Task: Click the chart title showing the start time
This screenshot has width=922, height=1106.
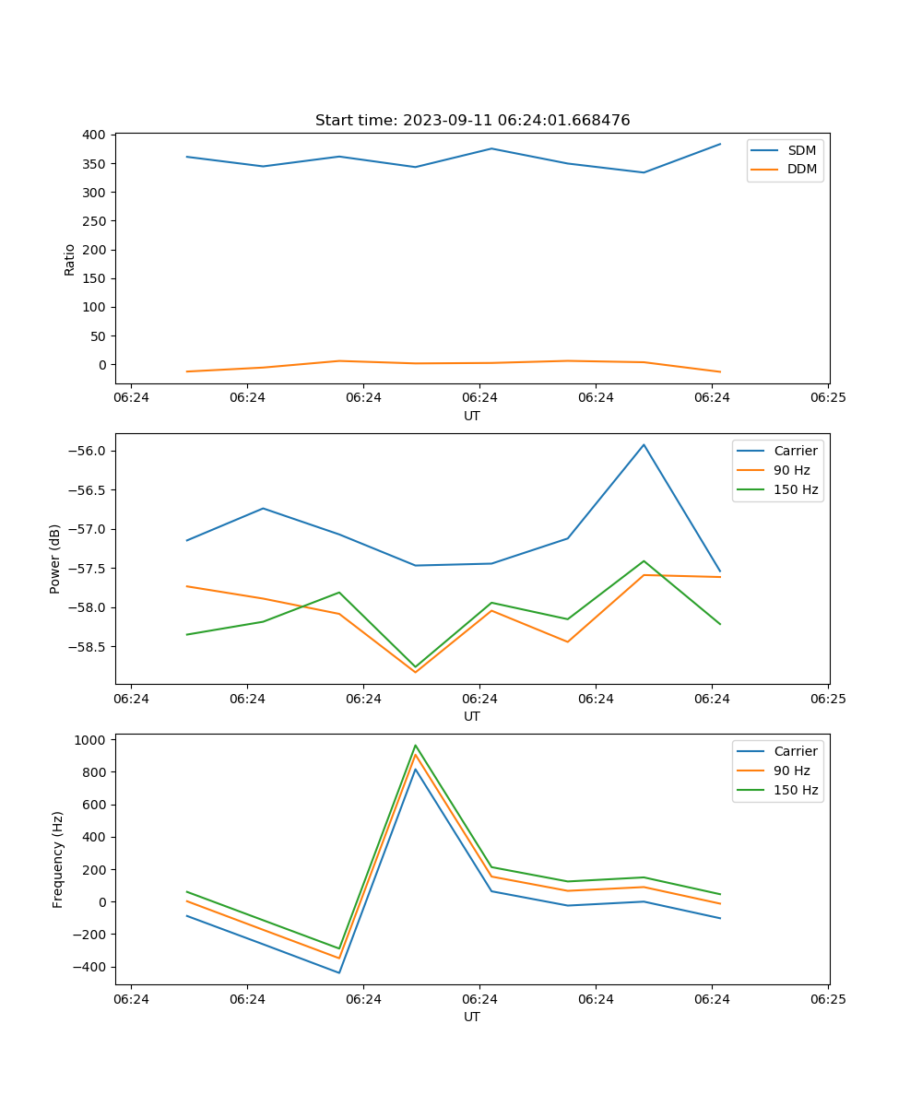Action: point(472,121)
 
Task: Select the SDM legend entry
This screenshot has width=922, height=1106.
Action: point(800,150)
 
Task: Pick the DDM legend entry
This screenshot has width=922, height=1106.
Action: point(801,170)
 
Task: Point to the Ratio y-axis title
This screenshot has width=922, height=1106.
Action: point(70,259)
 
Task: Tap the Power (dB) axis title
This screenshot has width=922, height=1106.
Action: point(55,559)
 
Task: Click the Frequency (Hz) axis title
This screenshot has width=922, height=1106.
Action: point(58,859)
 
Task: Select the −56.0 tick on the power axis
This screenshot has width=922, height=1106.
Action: point(87,452)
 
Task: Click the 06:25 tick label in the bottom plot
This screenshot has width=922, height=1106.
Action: point(828,999)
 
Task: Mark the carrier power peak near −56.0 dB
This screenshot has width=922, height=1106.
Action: point(644,445)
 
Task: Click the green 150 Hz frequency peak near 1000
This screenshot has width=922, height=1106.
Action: point(415,746)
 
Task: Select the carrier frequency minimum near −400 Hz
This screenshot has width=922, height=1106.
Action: point(339,972)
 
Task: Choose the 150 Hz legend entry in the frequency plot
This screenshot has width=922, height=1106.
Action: point(795,790)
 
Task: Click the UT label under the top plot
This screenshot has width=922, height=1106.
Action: point(472,416)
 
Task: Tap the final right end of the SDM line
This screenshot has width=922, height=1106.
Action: point(720,144)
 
